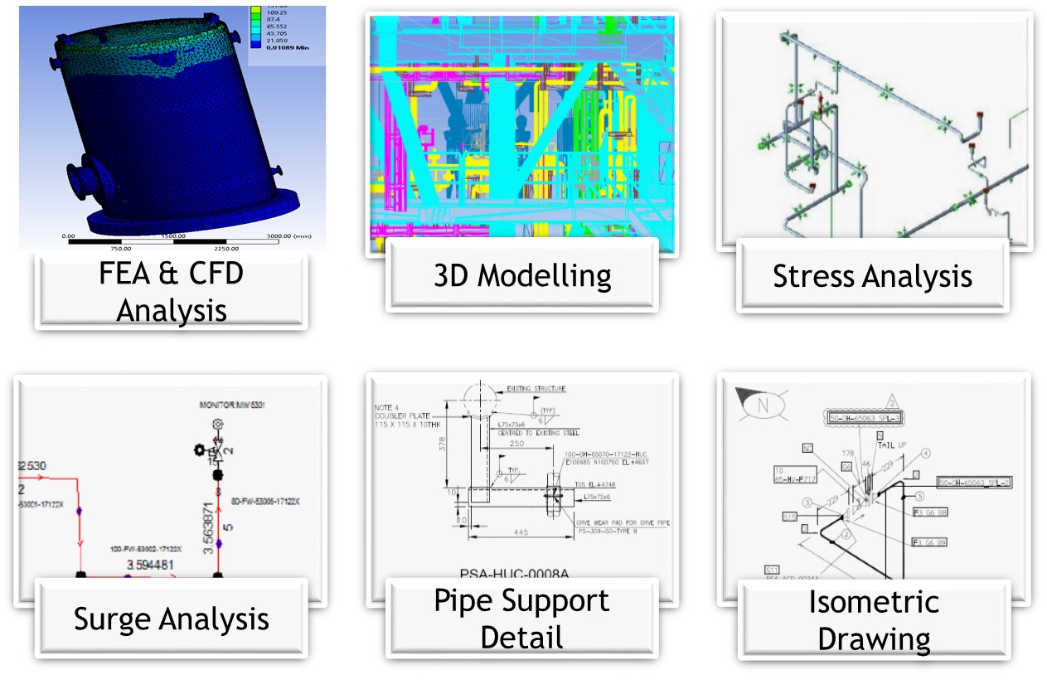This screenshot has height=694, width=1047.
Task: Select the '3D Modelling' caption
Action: tap(522, 275)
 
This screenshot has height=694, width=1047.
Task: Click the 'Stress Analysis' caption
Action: tap(872, 276)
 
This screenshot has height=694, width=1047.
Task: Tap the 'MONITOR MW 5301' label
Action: tap(229, 405)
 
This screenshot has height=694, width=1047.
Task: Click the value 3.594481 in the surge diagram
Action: tap(153, 565)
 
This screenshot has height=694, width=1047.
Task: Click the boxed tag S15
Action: tap(789, 517)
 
